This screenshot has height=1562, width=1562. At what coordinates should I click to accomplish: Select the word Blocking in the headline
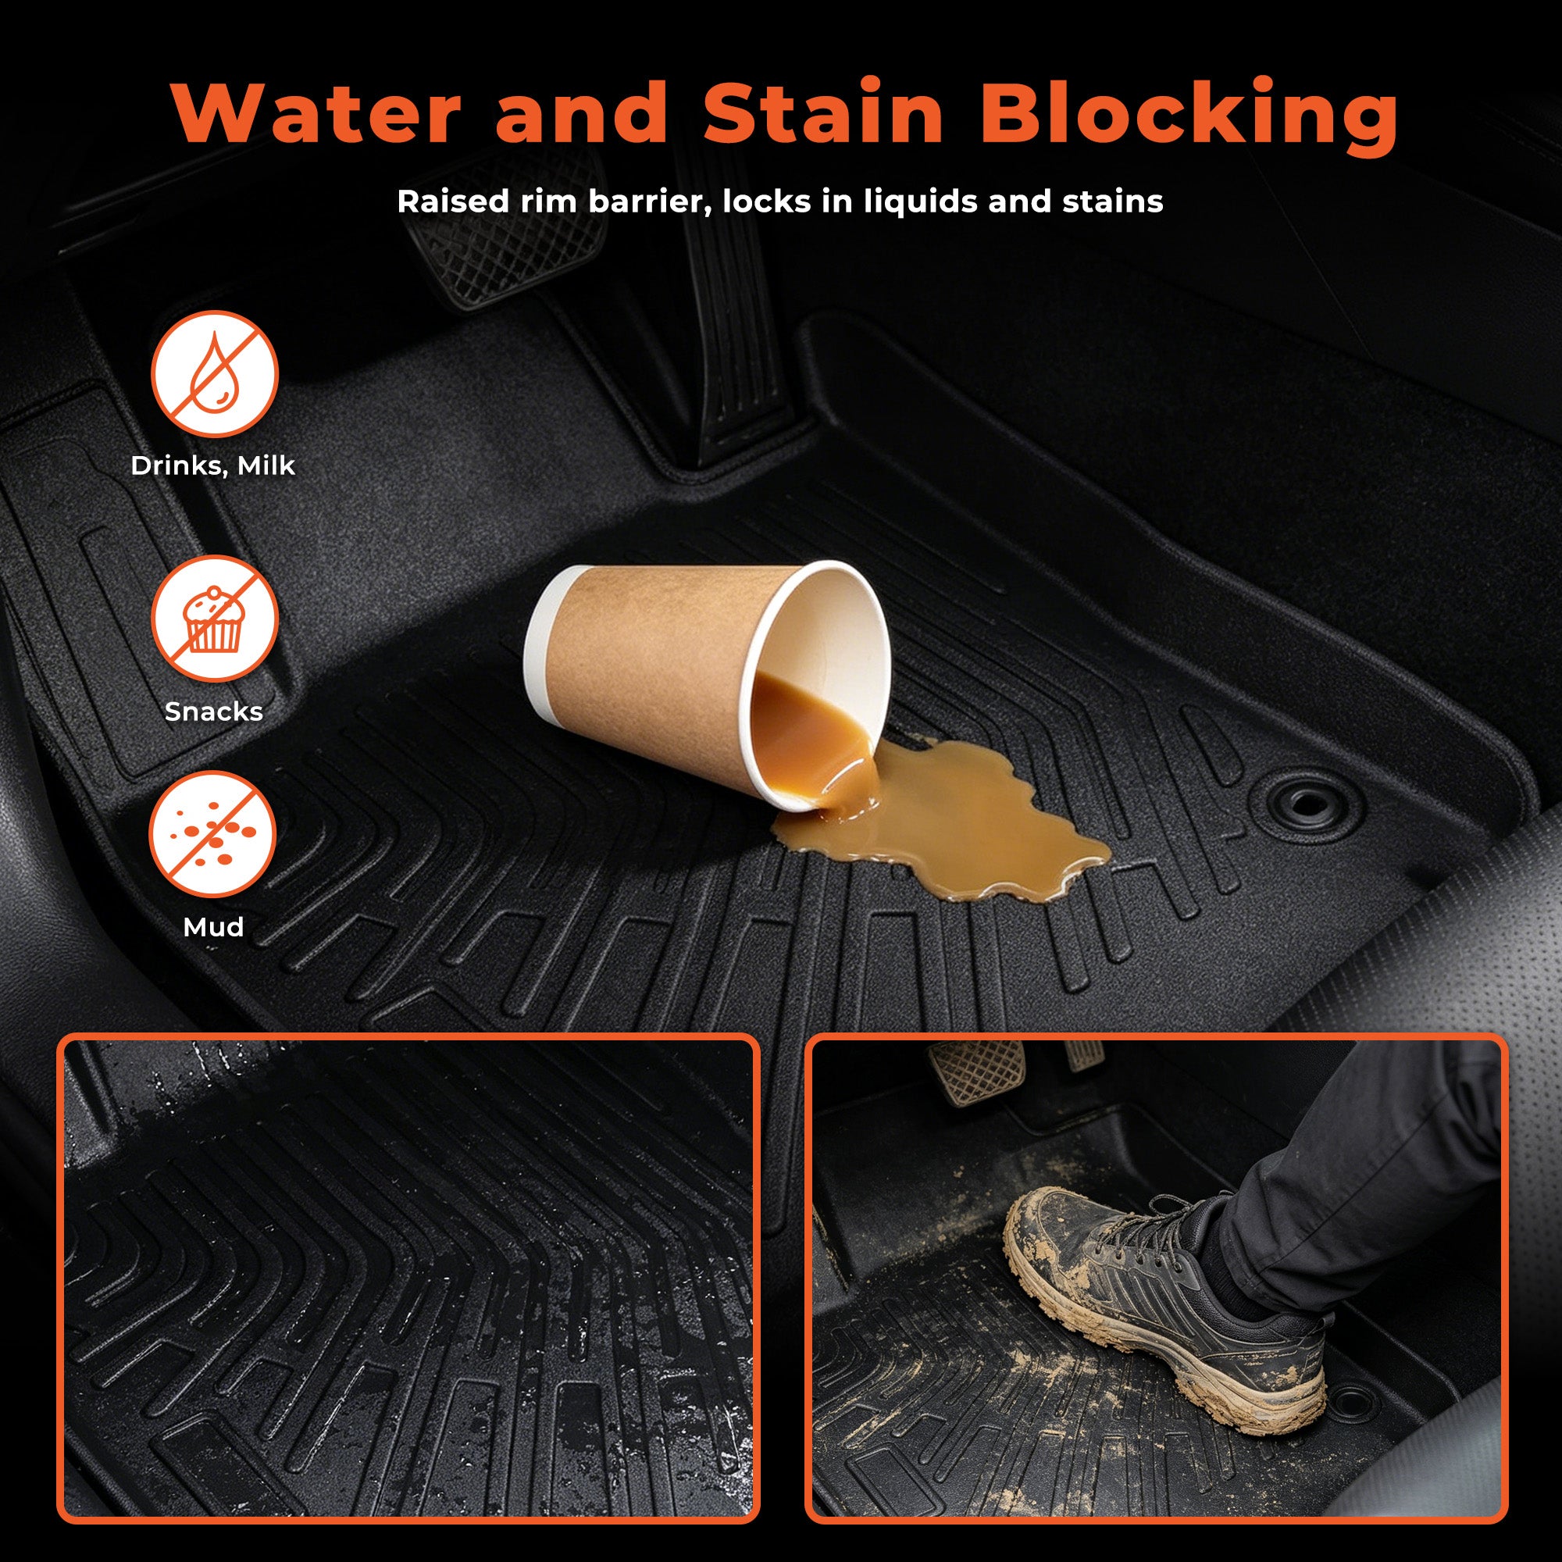coord(1189,117)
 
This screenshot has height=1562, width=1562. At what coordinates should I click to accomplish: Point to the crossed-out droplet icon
coord(214,374)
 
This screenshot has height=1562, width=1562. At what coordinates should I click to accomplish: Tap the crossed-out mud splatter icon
coord(212,833)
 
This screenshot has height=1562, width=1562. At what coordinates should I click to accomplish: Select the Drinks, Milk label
coord(212,465)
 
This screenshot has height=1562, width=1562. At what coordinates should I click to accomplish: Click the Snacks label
coord(213,711)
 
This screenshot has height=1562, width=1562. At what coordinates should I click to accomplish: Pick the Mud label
coord(213,926)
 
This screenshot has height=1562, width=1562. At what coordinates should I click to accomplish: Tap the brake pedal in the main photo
coord(505,230)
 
